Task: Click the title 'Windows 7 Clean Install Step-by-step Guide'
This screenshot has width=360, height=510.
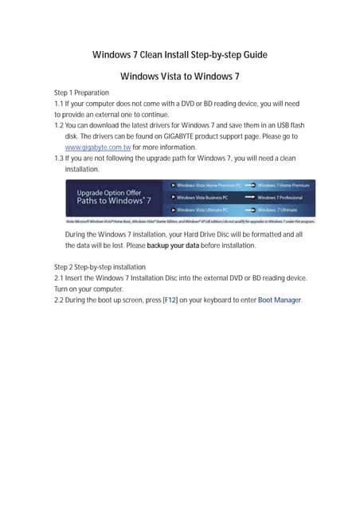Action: click(179, 55)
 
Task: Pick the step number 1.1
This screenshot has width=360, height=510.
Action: click(59, 104)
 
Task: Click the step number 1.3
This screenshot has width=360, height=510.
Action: click(59, 159)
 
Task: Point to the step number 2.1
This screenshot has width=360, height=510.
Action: click(59, 278)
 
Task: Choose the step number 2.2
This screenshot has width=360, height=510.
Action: click(59, 300)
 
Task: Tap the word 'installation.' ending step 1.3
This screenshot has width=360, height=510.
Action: click(82, 170)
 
